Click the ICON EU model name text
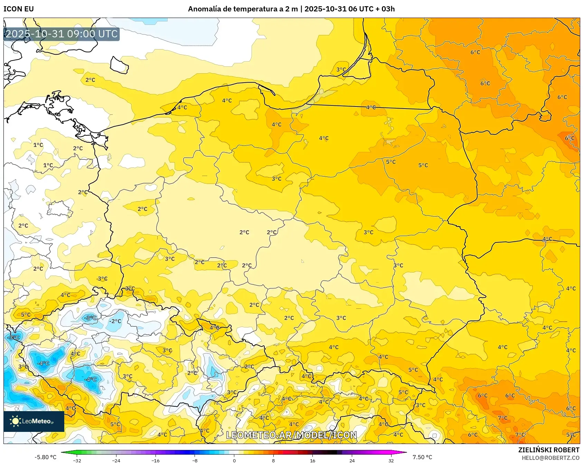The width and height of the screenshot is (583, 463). tap(19, 9)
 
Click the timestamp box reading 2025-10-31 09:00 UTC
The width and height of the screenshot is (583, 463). tap(62, 34)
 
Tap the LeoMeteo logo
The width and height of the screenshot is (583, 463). tap(34, 421)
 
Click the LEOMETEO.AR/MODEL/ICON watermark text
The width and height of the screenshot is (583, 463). tap(291, 435)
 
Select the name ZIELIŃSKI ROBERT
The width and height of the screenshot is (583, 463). tap(548, 450)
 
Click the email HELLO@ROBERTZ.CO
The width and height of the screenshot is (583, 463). tap(550, 458)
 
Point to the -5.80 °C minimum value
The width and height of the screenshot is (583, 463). tap(45, 457)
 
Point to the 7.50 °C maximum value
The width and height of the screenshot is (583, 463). tap(422, 457)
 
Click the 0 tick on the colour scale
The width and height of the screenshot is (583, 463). tap(234, 460)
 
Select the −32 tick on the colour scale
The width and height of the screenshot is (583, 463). tap(77, 460)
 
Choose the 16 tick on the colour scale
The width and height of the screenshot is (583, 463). tap(312, 460)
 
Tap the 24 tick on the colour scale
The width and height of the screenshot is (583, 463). tap(352, 460)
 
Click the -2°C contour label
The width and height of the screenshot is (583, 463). tap(115, 321)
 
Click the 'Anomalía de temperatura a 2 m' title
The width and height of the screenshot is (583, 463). tap(243, 9)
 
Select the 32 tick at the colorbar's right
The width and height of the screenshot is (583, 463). tap(391, 460)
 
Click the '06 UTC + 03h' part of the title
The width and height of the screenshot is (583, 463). tap(371, 9)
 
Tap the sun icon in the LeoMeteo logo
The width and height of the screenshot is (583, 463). tap(15, 421)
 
